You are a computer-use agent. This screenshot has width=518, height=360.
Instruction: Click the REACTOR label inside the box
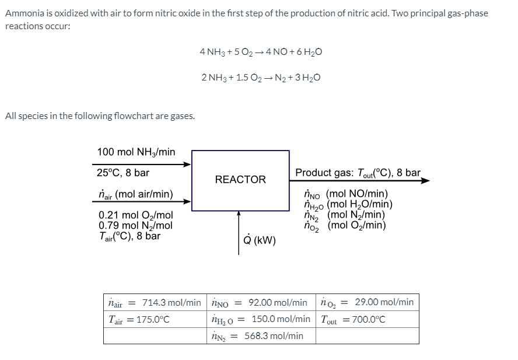tap(240, 180)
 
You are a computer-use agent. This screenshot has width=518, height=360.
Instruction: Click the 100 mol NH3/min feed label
tap(136, 152)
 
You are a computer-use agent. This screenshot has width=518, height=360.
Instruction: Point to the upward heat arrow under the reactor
tap(239, 233)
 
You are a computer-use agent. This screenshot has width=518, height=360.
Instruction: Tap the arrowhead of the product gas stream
tap(425, 181)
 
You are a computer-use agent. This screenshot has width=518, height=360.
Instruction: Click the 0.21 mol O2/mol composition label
tap(136, 215)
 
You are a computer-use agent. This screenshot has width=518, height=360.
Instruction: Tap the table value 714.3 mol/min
tap(171, 302)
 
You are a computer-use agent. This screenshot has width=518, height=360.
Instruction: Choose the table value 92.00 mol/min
tap(278, 302)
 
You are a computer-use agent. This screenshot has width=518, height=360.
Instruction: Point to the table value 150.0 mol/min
tap(281, 319)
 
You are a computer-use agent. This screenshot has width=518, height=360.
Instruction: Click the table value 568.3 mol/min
tap(274, 335)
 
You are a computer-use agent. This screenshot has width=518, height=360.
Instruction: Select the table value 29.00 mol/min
tap(384, 302)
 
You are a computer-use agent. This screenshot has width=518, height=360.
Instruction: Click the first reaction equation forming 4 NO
tap(260, 52)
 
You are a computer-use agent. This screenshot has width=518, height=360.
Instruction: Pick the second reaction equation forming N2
tap(260, 78)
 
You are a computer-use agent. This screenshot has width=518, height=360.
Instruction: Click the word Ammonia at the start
tap(24, 13)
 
